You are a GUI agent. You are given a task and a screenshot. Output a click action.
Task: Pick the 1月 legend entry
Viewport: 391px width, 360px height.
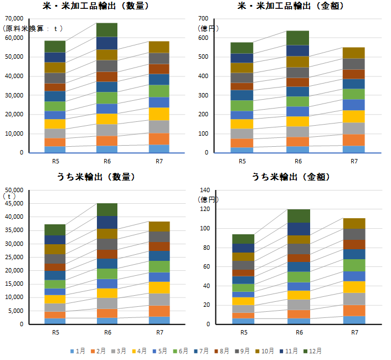coord(78,351)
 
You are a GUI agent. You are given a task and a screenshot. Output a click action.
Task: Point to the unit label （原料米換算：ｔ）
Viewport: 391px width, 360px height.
coord(33,28)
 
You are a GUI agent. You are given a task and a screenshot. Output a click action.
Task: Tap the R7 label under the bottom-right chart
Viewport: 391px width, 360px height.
coord(354,332)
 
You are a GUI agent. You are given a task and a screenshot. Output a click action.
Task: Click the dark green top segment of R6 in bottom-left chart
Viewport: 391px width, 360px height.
coord(107,209)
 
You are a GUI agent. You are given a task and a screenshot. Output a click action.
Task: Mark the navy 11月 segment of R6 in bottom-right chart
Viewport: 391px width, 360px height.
coord(299,229)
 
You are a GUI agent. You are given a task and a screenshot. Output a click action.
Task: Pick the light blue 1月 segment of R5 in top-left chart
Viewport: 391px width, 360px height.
coord(55,149)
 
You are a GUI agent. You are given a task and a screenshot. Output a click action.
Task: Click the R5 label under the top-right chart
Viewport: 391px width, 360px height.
coord(242,161)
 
